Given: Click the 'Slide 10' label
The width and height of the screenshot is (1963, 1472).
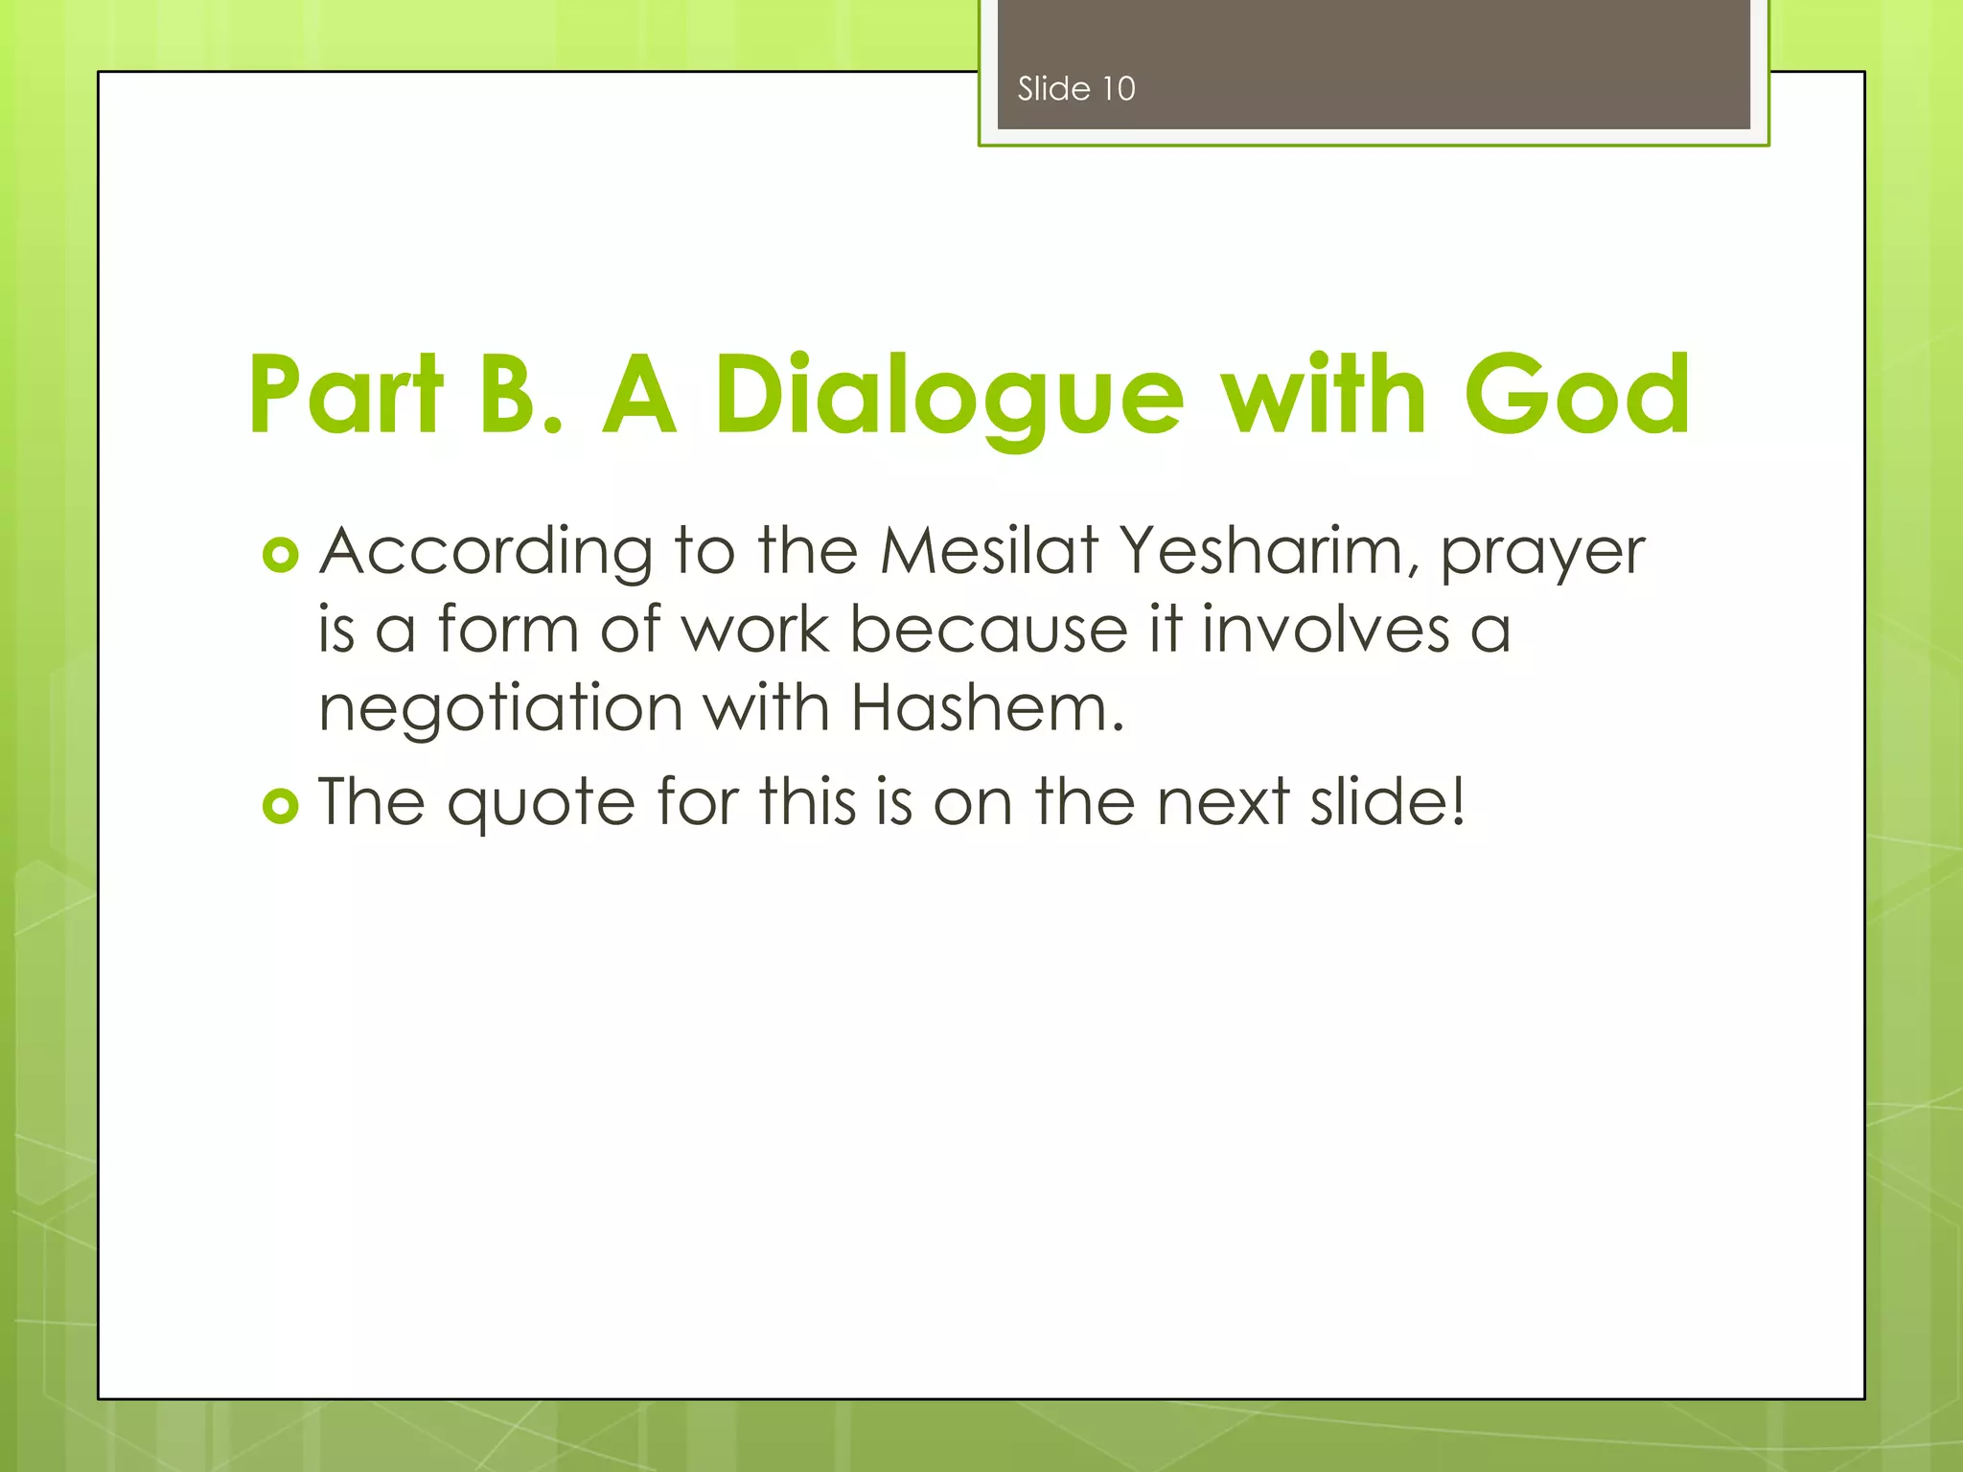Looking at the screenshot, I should click(1075, 89).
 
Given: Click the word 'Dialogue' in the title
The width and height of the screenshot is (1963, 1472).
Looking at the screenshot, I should click(949, 395).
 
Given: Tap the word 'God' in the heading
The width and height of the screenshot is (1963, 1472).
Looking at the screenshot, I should click(1577, 395).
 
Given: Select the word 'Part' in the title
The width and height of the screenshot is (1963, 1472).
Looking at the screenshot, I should click(346, 395).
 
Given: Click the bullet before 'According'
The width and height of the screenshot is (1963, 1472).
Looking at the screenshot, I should click(280, 555).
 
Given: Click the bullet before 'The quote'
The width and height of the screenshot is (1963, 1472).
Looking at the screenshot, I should click(280, 806).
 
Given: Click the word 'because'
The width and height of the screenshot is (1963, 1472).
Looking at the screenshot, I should click(988, 631).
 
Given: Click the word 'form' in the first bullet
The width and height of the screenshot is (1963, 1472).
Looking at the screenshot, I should click(508, 631).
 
